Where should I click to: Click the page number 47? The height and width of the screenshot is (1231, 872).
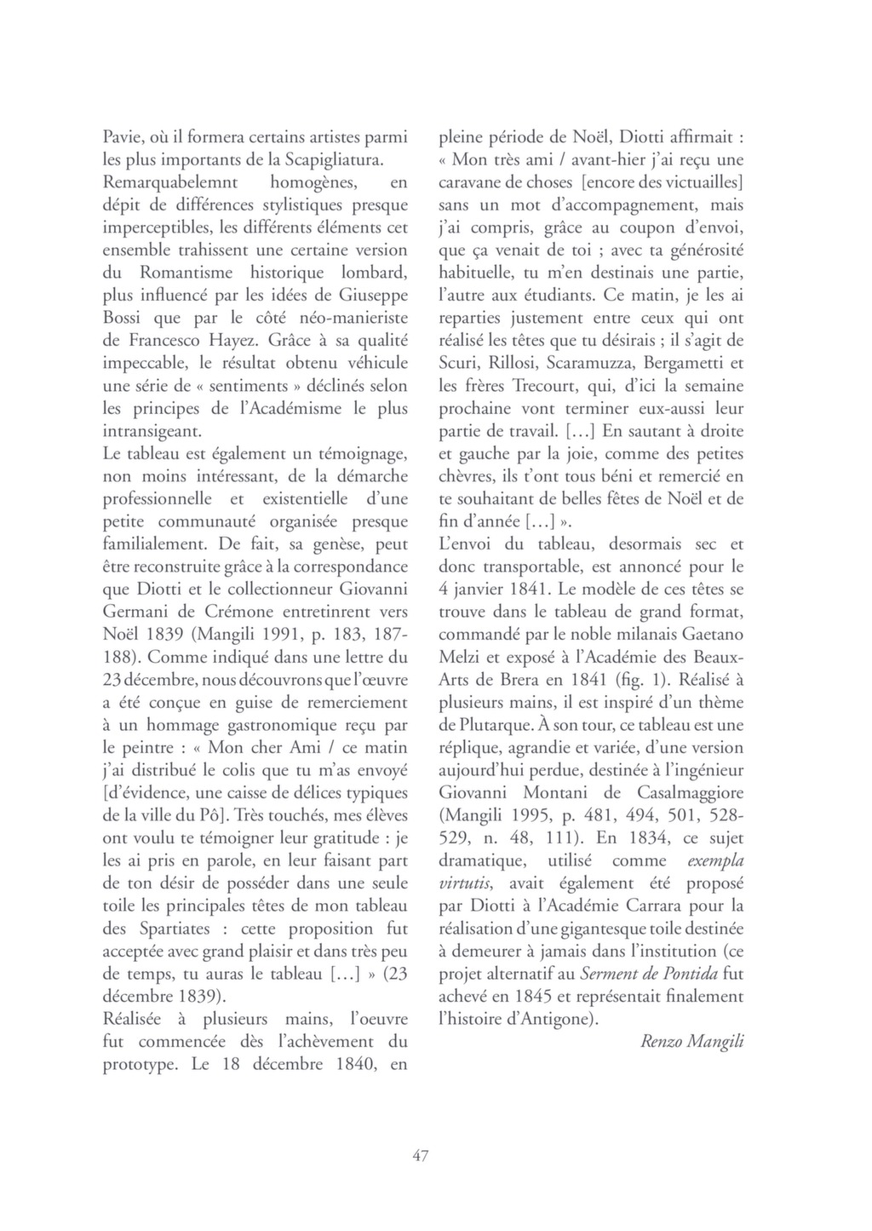[420, 1155]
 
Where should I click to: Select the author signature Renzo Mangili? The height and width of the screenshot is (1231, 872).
[691, 1041]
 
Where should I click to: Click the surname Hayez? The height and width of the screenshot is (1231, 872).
[237, 340]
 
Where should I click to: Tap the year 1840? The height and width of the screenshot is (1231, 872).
[356, 1064]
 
